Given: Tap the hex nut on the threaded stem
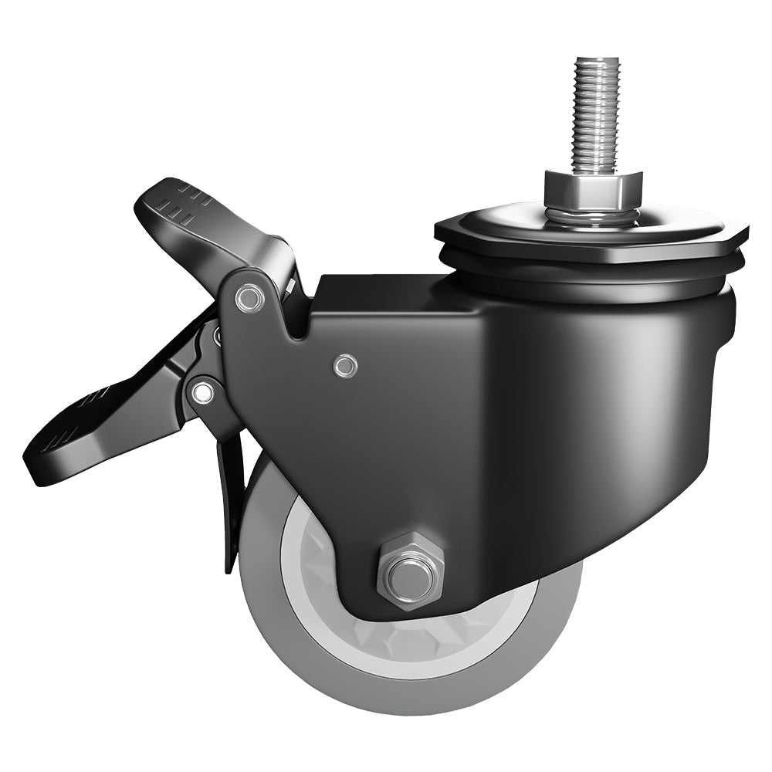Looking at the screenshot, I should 592,187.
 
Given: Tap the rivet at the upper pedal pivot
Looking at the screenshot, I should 249,297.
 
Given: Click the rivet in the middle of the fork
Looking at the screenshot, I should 345,366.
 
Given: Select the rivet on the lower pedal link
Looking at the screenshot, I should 203,393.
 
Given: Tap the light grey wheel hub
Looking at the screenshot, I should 324,587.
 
